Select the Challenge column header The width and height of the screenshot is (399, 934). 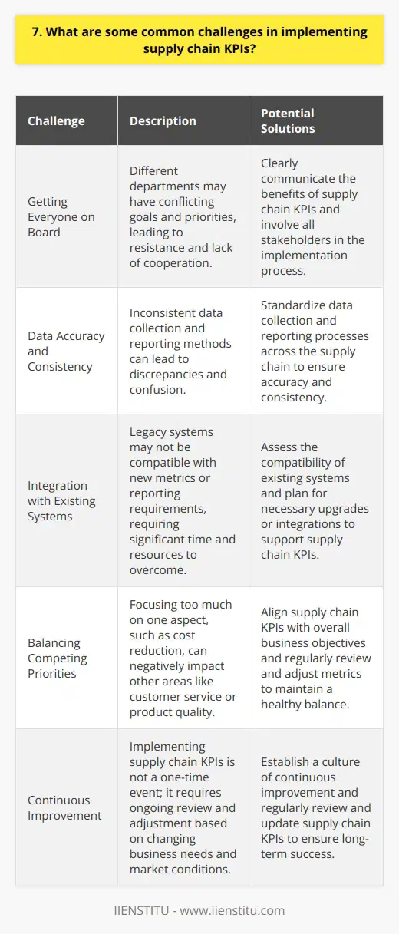coord(56,121)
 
